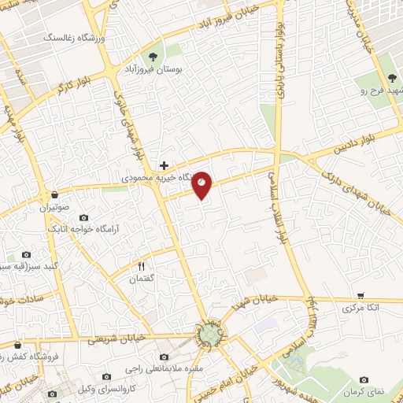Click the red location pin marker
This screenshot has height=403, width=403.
pyautogui.click(x=202, y=184)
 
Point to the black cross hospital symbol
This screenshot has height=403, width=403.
pyautogui.click(x=163, y=165)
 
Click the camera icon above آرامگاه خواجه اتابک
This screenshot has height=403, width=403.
pyautogui.click(x=84, y=217)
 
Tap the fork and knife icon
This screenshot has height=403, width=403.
pyautogui.click(x=142, y=266)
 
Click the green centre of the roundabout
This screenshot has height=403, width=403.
pyautogui.click(x=208, y=336)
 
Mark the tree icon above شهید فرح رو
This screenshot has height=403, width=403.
pyautogui.click(x=392, y=77)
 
